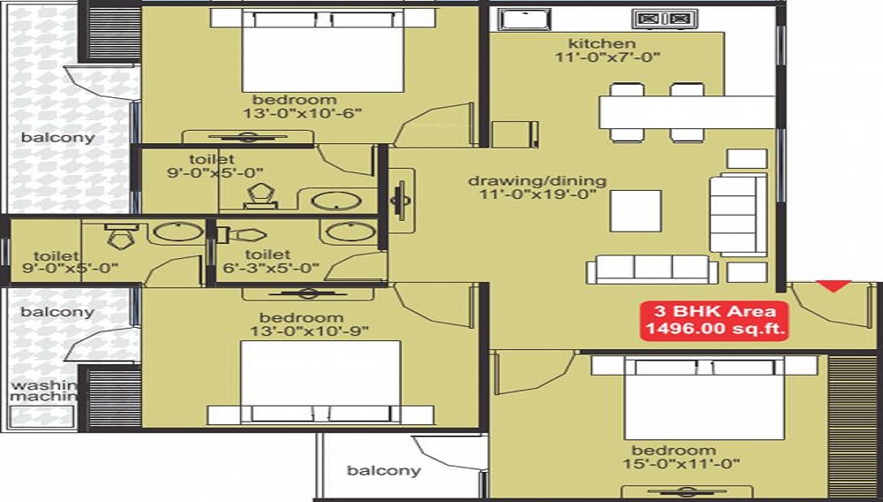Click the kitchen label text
(602, 43)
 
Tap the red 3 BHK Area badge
(714, 320)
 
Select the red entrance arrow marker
(834, 285)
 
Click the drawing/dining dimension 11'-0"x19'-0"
(536, 195)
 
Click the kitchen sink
(524, 19)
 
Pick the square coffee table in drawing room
(636, 210)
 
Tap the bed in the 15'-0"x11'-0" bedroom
(704, 398)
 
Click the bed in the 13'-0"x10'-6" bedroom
(323, 50)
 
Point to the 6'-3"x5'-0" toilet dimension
(271, 268)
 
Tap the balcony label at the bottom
(383, 470)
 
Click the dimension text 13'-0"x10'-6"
(302, 112)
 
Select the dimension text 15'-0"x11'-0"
(680, 464)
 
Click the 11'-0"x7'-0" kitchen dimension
(608, 57)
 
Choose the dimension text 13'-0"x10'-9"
(309, 331)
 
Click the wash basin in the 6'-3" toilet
(351, 232)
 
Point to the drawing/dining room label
(537, 181)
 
